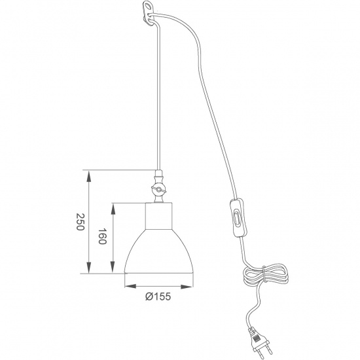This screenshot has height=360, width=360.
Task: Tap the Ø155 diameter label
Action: pos(158,297)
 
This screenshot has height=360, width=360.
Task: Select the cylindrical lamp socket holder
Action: pos(158,215)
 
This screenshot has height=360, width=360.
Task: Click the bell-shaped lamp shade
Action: pos(159,252)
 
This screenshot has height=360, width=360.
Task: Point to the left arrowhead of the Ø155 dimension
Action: pos(126,285)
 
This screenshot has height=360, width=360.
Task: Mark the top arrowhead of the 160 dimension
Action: pos(114,205)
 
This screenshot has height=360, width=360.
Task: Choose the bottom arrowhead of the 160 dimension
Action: pos(114,270)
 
